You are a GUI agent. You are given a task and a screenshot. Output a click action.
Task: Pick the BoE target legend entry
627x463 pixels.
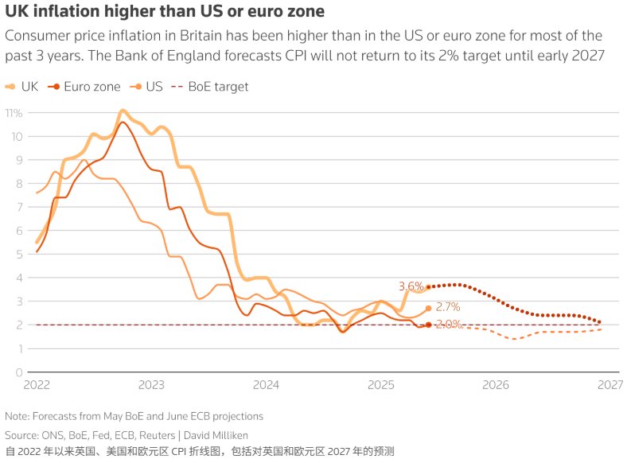point(210,87)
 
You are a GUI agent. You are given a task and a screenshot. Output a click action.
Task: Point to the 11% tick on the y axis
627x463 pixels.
point(14,112)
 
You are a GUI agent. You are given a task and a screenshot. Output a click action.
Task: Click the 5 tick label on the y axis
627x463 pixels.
point(18,254)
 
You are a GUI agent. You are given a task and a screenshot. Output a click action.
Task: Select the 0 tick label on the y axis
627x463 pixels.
point(18,372)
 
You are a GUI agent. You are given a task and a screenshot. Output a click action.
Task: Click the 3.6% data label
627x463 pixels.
point(411,286)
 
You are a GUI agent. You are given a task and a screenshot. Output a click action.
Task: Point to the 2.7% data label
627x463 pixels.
point(448,307)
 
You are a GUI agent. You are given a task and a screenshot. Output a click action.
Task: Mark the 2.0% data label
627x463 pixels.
point(449,325)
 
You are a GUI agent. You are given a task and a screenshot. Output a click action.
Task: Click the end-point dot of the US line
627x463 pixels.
point(429,308)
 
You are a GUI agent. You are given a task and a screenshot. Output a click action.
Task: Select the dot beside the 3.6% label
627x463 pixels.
point(429,287)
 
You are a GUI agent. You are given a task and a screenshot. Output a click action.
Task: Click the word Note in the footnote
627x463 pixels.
point(16,416)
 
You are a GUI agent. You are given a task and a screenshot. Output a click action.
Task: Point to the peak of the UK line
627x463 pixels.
point(122,111)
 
